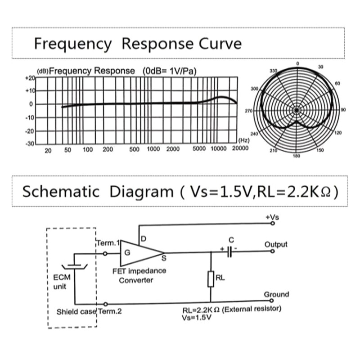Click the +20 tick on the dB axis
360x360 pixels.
pos(30,78)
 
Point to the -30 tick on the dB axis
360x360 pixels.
pos(30,144)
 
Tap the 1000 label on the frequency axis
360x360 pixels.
pos(153,149)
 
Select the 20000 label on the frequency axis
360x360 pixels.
pos(240,148)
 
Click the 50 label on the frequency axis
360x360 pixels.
pos(67,150)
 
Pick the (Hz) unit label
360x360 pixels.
pos(244,140)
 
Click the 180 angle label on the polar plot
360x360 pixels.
pos(297,156)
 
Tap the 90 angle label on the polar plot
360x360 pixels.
pos(343,110)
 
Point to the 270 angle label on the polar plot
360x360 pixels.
pos(249,111)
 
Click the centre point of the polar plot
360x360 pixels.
pos(297,110)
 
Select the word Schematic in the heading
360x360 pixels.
pos(61,192)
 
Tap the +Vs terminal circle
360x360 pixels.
pos(273,223)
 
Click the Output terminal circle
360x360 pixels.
pos(273,251)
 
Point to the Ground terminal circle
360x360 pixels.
pos(272,301)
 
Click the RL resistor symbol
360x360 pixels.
pos(211,279)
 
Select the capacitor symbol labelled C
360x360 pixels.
pos(229,252)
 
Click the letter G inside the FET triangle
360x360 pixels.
pos(127,253)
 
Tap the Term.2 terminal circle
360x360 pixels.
pos(105,304)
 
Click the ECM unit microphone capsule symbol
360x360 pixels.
pos(75,266)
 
